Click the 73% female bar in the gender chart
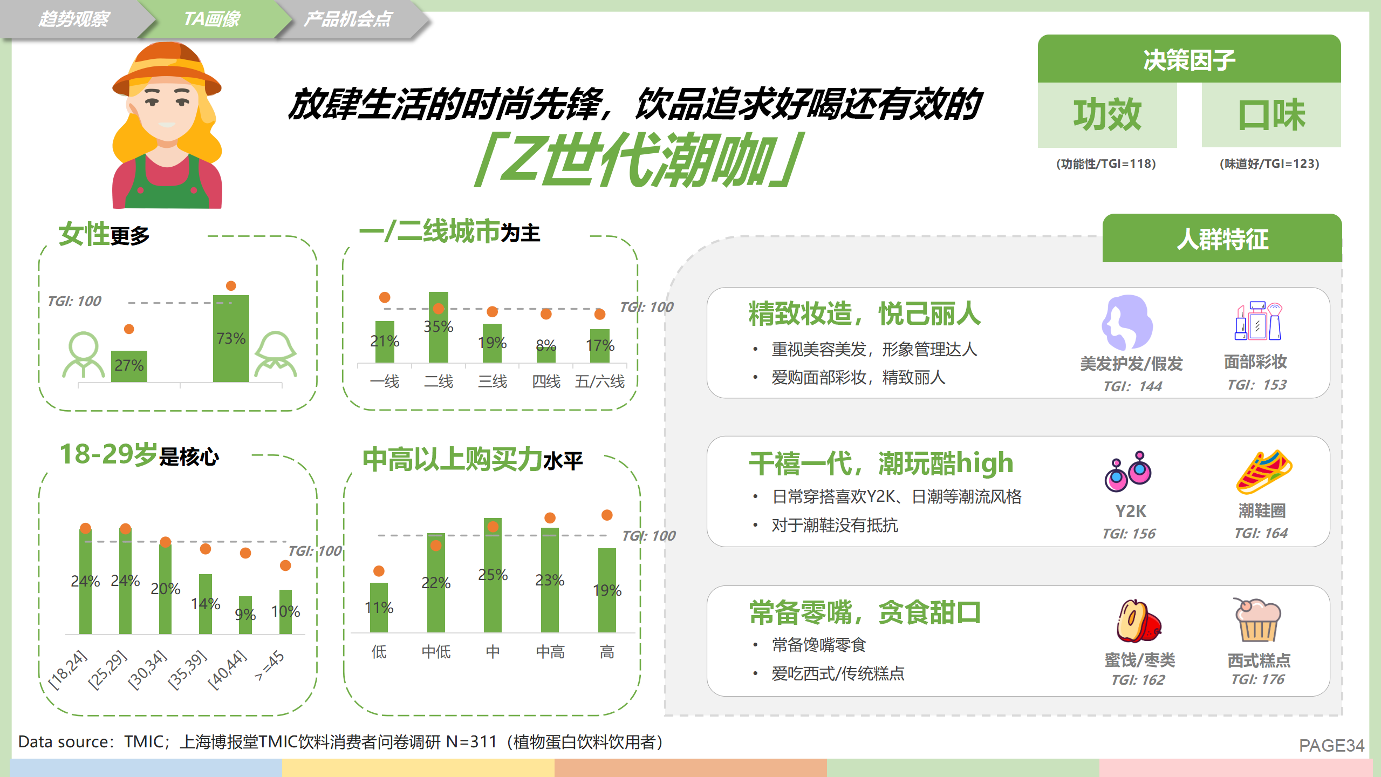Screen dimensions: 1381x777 click(231, 338)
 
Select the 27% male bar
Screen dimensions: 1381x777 click(129, 366)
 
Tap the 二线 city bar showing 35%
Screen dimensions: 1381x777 click(438, 327)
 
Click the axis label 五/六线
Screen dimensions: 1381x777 click(599, 381)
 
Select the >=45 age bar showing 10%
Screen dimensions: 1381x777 click(285, 612)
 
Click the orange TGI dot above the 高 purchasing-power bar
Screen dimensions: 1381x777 click(607, 515)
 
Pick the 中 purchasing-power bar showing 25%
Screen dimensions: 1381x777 click(493, 575)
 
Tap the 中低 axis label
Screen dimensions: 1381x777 click(436, 652)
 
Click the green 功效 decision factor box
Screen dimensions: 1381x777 click(1107, 114)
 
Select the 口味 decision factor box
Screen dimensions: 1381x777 click(1271, 114)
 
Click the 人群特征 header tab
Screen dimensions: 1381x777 click(1222, 238)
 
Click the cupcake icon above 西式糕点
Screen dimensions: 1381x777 click(1257, 619)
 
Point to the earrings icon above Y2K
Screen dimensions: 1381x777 click(1127, 471)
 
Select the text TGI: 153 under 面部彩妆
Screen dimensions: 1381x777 click(1256, 385)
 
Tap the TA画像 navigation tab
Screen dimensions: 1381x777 click(213, 19)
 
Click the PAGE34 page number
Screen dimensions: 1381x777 click(1331, 745)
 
